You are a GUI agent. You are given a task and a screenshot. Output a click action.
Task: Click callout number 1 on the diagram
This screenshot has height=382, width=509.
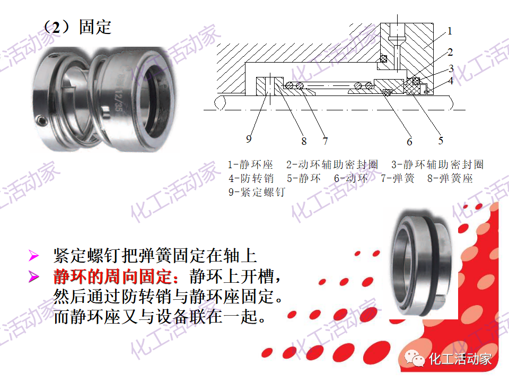coord(450,31)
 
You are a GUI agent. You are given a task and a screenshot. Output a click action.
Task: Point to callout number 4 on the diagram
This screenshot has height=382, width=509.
coord(450,81)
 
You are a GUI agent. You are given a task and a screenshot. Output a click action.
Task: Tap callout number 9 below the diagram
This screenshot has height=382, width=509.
coord(249,139)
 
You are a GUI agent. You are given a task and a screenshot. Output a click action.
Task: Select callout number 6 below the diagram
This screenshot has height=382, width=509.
coord(409,142)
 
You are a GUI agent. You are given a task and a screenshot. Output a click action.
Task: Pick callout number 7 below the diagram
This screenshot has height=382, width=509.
coord(325,141)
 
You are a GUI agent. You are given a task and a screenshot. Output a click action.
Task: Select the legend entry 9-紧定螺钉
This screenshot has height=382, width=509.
coord(257,192)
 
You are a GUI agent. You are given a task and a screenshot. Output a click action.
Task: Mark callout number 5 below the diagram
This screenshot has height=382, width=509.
coord(441,141)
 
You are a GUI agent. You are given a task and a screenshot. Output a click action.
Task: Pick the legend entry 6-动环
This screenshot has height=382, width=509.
coord(350,178)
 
